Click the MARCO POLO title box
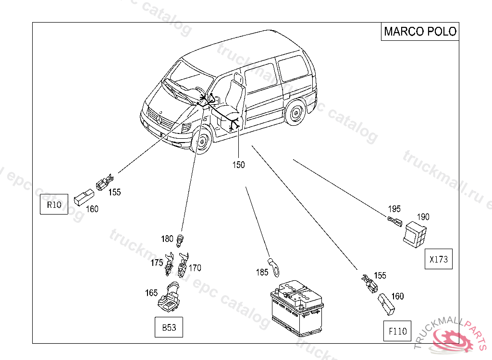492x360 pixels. click(419, 32)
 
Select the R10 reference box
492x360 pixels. click(53, 205)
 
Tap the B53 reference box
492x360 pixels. click(169, 328)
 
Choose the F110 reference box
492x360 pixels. click(397, 331)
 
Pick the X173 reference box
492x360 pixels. click(438, 259)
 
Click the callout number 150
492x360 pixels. click(238, 165)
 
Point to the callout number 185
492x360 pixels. click(262, 272)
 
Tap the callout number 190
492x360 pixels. click(423, 216)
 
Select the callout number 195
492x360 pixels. click(394, 209)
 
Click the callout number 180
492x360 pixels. click(167, 239)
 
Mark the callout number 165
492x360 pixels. click(152, 292)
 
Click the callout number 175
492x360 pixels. click(157, 263)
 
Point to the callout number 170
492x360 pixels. click(195, 268)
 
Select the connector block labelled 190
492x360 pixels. click(414, 235)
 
